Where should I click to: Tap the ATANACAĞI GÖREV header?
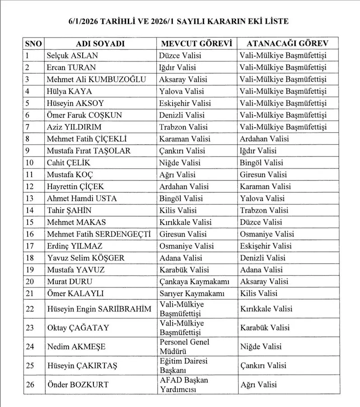click(287, 44)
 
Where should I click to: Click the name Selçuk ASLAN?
click(72, 56)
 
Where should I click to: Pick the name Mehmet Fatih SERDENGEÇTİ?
click(99, 234)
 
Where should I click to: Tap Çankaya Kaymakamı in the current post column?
click(194, 281)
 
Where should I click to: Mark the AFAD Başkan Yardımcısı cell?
click(184, 385)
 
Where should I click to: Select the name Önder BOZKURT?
click(78, 385)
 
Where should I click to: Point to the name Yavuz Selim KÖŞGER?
click(85, 258)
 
